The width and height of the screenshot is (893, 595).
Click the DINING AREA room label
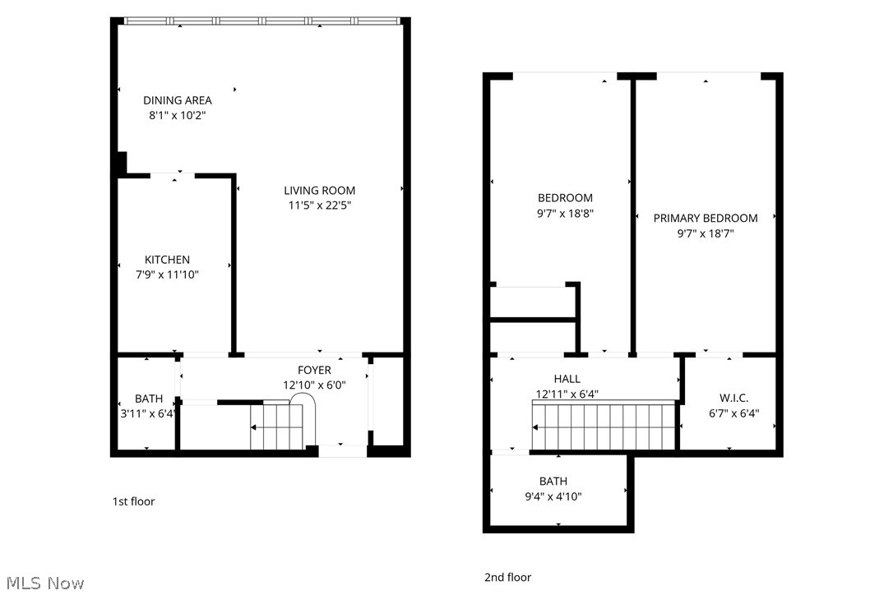(177, 100)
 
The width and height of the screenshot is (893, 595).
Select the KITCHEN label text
(167, 260)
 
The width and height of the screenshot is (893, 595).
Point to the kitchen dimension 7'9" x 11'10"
(167, 274)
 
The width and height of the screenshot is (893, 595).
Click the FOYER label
(314, 371)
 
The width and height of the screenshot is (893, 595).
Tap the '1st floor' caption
(133, 501)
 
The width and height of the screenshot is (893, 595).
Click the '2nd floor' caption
(507, 578)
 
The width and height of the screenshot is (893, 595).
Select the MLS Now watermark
(43, 583)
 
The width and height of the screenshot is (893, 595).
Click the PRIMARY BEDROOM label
(706, 218)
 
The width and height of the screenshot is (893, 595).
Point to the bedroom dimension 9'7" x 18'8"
(565, 213)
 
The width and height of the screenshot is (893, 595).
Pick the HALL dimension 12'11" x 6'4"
(567, 394)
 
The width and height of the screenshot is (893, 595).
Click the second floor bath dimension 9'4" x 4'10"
(553, 496)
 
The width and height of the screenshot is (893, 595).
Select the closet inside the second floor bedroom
(533, 301)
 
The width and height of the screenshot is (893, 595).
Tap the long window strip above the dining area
(261, 21)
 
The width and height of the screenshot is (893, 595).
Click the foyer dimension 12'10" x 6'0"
(313, 385)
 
